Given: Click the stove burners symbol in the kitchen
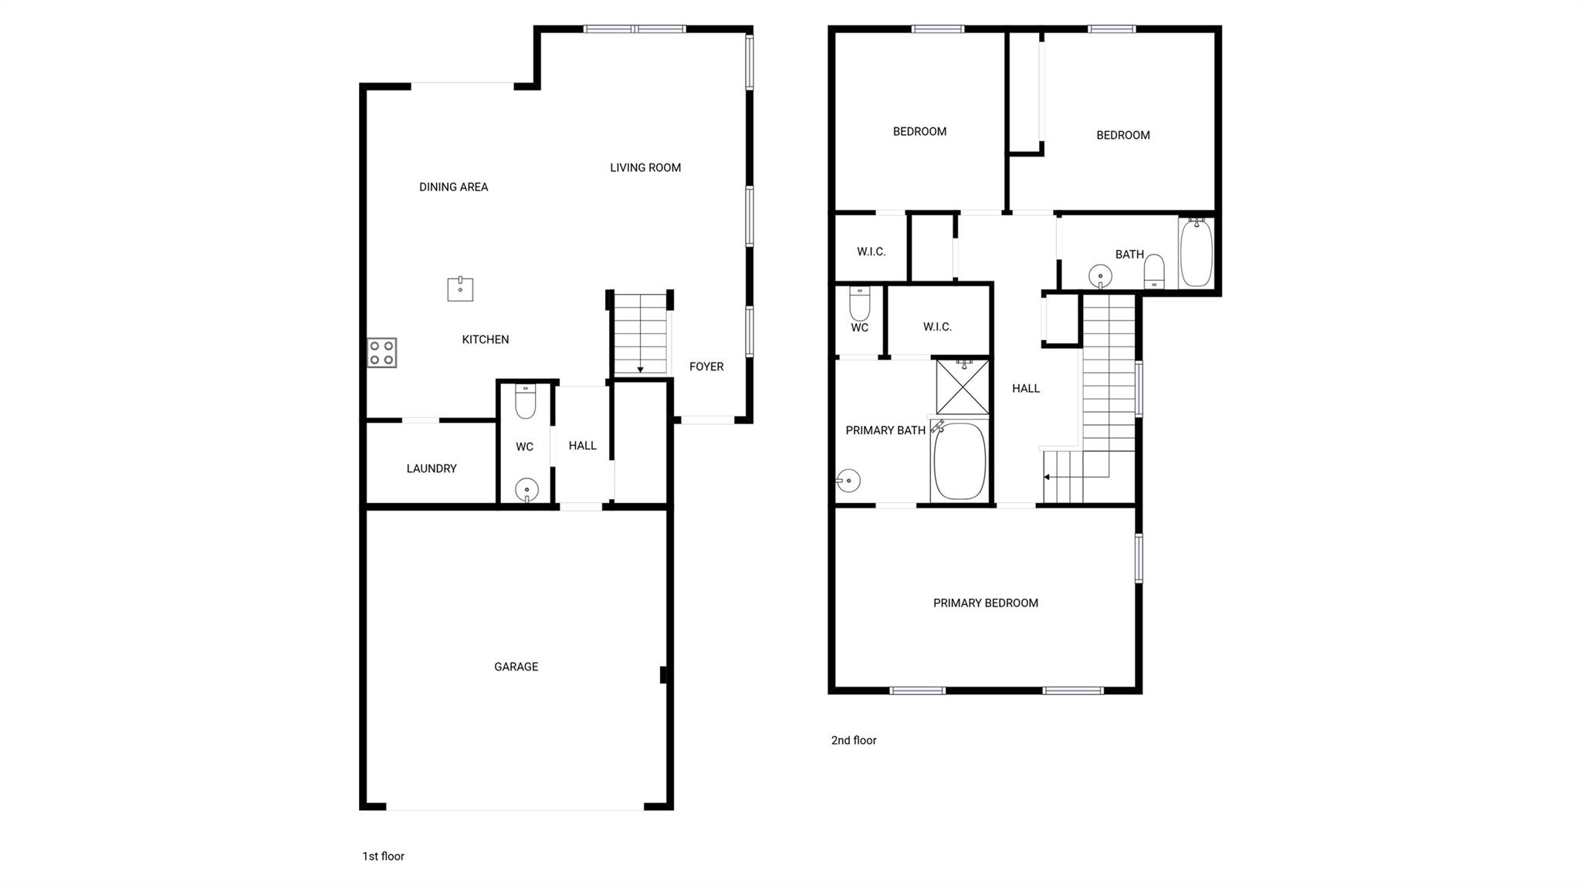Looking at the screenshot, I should [x=381, y=353].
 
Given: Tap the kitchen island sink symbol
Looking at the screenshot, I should [x=460, y=289].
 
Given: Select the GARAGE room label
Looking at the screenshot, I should [x=516, y=667].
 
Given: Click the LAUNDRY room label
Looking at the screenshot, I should [x=432, y=468].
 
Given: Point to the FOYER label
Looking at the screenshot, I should [x=706, y=366].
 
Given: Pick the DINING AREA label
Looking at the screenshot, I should [x=453, y=187].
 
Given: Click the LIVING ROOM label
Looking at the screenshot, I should [x=645, y=167].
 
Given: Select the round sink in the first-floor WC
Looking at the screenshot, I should [x=526, y=489].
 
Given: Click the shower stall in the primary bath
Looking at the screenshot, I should [x=963, y=387].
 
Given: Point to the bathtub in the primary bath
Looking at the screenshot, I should [x=960, y=461].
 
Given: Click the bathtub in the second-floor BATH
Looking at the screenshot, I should [x=1196, y=253].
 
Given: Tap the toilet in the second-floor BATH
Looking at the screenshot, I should [x=1154, y=272].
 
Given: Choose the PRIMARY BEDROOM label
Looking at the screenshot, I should [x=985, y=603].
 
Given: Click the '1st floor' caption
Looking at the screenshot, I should [x=383, y=856].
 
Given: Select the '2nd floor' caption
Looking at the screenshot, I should [x=854, y=741].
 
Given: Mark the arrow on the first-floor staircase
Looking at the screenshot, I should [x=640, y=370].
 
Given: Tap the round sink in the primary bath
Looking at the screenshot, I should [x=848, y=481].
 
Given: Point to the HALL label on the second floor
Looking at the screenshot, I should [x=1026, y=389].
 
